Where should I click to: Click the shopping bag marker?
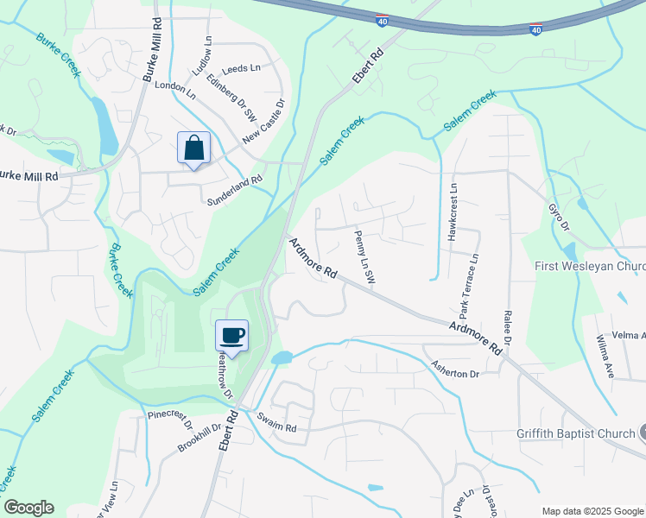(193, 148)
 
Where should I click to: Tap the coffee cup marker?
(231, 336)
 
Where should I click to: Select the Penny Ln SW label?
(364, 256)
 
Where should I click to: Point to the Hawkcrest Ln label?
(452, 212)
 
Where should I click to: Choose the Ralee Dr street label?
(508, 329)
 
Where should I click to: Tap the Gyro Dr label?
(560, 217)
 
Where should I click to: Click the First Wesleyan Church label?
(589, 266)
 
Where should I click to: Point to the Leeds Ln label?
(241, 67)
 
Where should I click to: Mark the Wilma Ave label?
(604, 358)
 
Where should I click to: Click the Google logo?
(28, 508)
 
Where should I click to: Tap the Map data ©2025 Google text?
(592, 511)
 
